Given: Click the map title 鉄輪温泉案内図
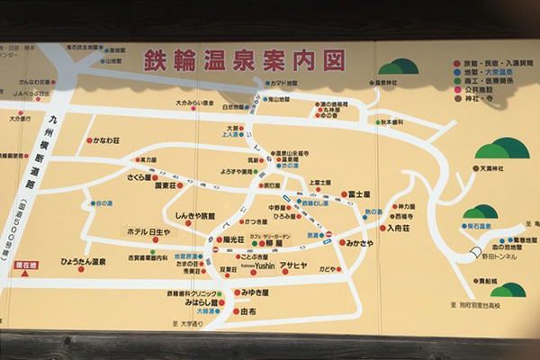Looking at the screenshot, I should click(242, 60).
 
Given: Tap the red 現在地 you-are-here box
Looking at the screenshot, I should click(26, 267).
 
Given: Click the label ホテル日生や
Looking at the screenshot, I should click(148, 232).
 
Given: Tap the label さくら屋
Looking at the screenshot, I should click(142, 178).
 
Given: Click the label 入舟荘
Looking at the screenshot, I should click(399, 229).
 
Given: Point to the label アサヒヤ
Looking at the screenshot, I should click(293, 266).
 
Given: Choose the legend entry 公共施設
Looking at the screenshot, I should click(482, 90).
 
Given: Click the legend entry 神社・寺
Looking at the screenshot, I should click(481, 99).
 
